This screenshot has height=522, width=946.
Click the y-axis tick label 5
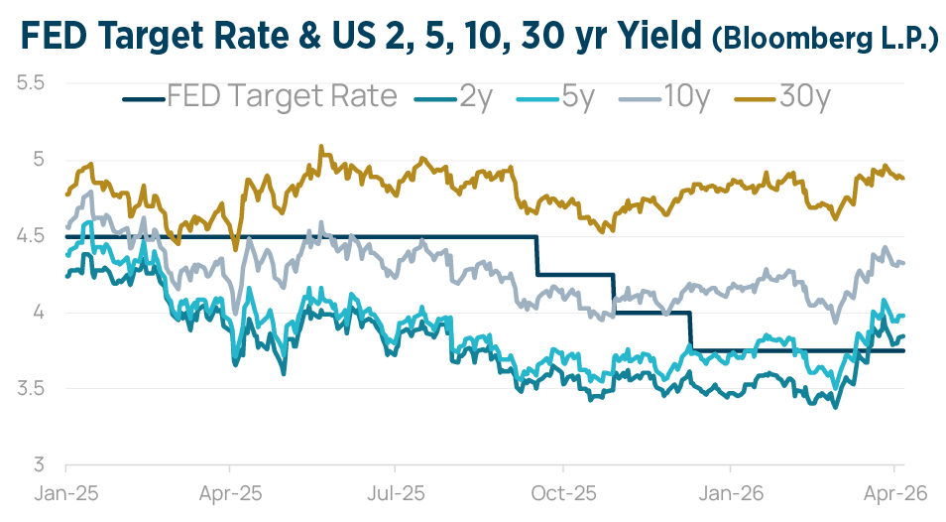coord(39,159)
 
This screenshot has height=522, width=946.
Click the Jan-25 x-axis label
coord(65,492)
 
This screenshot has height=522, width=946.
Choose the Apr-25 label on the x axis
coord(230,492)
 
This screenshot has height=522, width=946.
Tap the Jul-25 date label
coord(396,492)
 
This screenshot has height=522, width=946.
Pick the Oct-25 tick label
coord(562,492)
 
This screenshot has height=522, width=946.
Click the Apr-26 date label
coord(894,492)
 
